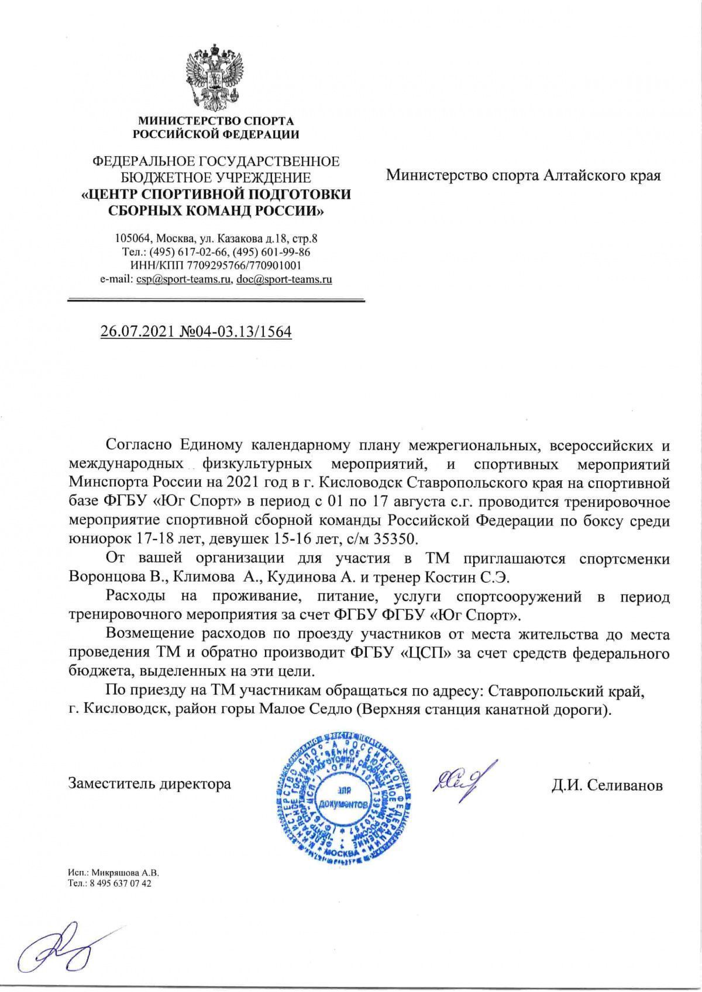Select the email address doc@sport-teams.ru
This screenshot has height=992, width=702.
(284, 279)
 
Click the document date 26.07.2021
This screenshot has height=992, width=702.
(136, 332)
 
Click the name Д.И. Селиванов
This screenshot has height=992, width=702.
(607, 786)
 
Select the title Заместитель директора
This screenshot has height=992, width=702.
(150, 783)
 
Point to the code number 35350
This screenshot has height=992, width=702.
(398, 536)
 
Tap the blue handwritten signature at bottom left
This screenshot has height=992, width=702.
(56, 948)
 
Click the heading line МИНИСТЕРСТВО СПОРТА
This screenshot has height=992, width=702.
(215, 122)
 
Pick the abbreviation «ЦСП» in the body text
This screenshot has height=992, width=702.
(429, 652)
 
